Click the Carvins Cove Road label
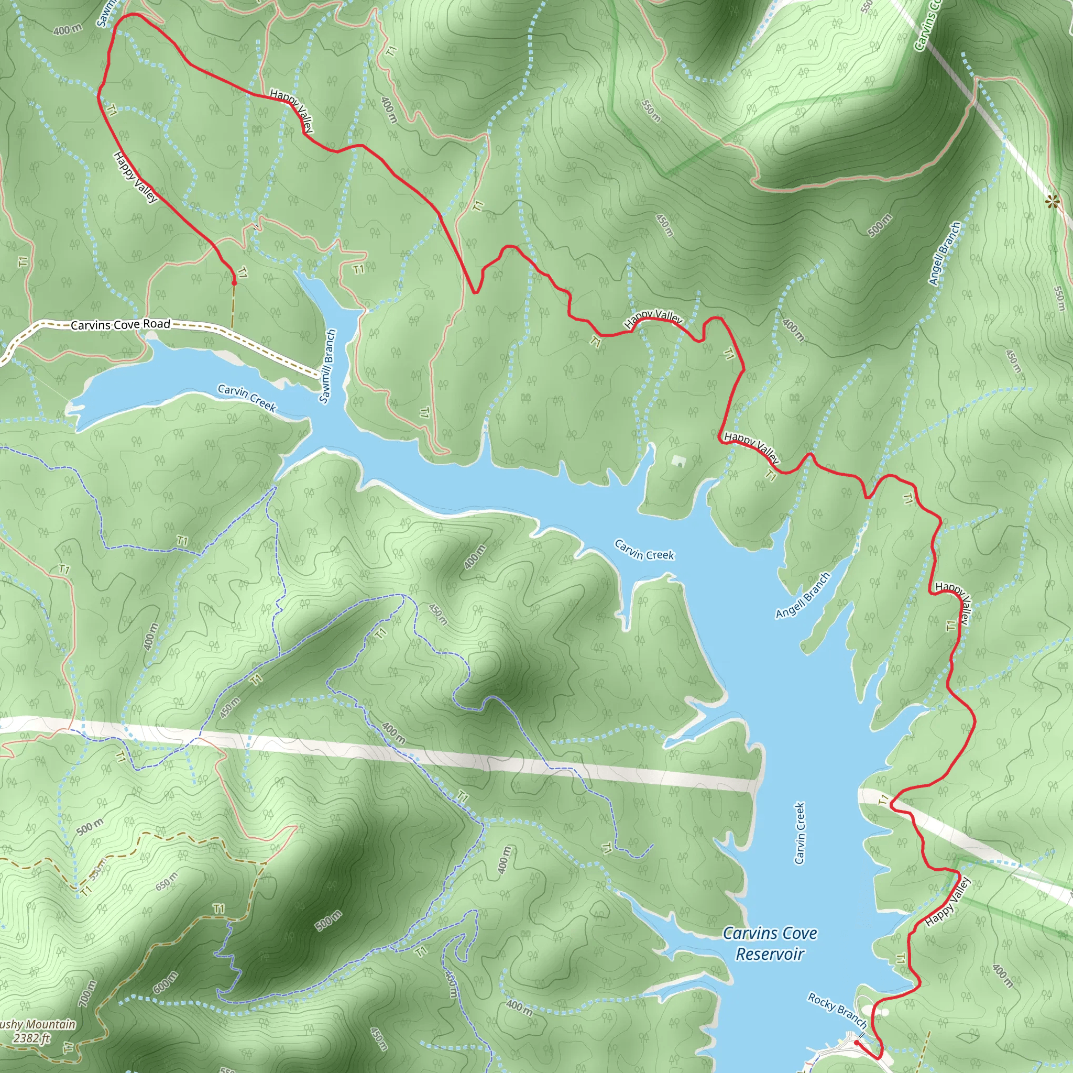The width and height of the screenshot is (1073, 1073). tap(121, 324)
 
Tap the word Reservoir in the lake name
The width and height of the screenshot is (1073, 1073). tap(770, 954)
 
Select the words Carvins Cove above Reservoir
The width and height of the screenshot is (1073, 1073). tap(770, 934)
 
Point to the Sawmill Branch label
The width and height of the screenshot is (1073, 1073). tap(327, 366)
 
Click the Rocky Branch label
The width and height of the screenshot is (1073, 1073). tap(837, 1010)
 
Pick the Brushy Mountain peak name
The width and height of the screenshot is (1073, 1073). tap(37, 1024)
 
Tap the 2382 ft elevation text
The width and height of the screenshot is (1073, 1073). tap(32, 1038)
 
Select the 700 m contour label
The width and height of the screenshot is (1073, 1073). tap(87, 993)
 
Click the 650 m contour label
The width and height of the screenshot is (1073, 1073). tap(167, 881)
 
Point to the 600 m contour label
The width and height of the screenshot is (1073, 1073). tap(166, 982)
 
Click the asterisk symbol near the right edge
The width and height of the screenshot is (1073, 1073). tap(1052, 202)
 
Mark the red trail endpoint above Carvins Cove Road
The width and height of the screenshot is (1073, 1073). tap(234, 283)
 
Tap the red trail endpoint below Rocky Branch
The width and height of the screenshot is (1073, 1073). tap(857, 1043)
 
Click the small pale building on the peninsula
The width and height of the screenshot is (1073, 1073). tap(677, 461)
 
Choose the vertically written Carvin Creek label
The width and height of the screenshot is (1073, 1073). tap(800, 833)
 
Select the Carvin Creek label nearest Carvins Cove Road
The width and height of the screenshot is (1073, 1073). tap(247, 398)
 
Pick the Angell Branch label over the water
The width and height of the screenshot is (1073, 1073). tap(803, 595)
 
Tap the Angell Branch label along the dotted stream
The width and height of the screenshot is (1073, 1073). tap(944, 254)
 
